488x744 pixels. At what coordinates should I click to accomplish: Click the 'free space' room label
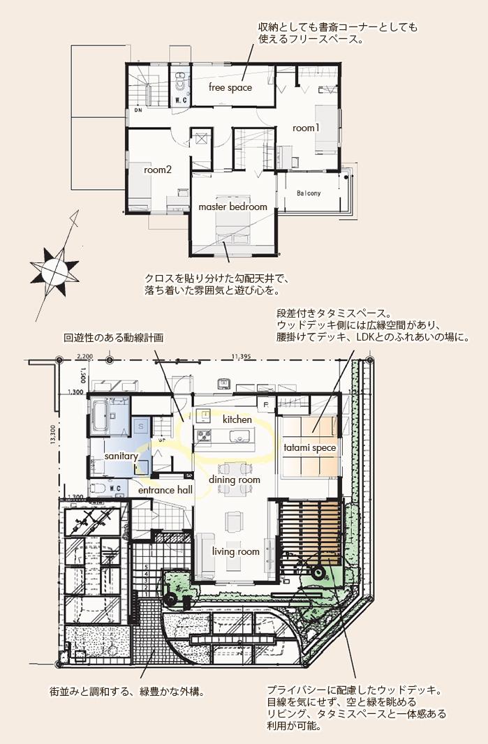click(x=230, y=88)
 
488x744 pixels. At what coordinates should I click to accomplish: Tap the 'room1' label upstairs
click(x=306, y=128)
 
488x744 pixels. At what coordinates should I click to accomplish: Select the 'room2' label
click(x=158, y=170)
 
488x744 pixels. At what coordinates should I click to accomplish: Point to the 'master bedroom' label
click(x=232, y=207)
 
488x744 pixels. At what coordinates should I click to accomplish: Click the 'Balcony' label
click(x=308, y=193)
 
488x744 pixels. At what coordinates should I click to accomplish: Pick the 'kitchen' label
click(x=237, y=420)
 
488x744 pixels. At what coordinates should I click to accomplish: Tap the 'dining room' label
click(x=235, y=480)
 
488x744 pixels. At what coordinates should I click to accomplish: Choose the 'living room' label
click(x=236, y=552)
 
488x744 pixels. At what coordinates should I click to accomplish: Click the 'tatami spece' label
click(x=309, y=447)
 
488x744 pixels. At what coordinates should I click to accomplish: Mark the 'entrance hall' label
click(x=165, y=491)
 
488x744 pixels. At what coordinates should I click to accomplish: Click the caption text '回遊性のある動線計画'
click(x=113, y=337)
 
